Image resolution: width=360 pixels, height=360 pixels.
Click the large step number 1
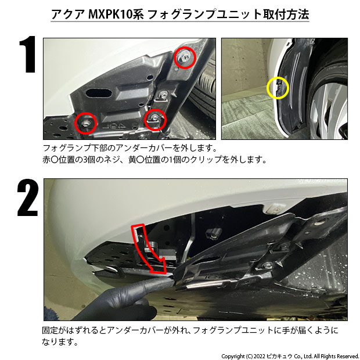coord(28,54)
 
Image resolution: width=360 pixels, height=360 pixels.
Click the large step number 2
coord(28,197)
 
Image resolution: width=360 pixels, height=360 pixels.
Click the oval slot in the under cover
coord(99,93)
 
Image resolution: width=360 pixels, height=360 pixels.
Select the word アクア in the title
coord(68,15)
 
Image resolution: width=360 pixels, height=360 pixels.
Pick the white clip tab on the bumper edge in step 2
coord(275,207)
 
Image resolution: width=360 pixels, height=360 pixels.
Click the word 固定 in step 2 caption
coord(50,330)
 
